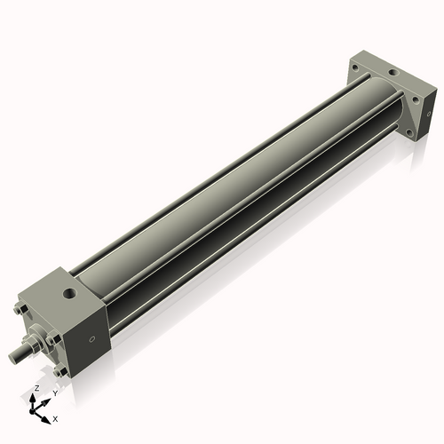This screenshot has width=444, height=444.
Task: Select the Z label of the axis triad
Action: coord(35,389)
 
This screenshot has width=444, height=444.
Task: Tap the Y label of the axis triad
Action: coord(55,392)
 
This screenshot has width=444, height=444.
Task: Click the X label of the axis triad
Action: coord(56,417)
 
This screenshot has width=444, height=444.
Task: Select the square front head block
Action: coord(75,320)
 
